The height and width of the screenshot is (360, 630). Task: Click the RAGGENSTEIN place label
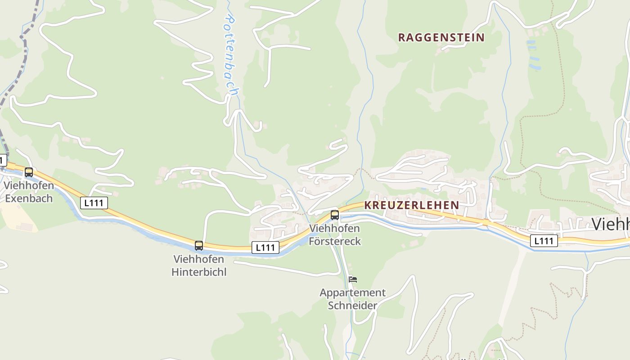(x=441, y=38)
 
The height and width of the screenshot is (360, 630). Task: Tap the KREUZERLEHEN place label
(x=411, y=205)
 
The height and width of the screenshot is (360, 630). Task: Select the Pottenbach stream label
(x=231, y=55)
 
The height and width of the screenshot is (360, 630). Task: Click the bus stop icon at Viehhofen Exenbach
(x=29, y=172)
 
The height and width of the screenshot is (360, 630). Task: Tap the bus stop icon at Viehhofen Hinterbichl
(x=199, y=246)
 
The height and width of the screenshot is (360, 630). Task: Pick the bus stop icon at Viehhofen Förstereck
(x=335, y=215)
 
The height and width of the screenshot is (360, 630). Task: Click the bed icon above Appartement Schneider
(x=353, y=279)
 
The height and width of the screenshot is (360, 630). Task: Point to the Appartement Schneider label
(x=352, y=299)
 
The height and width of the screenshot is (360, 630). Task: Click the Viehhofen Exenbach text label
(x=29, y=192)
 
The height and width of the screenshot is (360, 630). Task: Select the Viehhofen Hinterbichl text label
(x=199, y=265)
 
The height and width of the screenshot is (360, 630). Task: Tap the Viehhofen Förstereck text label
(x=335, y=234)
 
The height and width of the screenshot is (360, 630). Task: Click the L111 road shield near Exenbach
(x=94, y=203)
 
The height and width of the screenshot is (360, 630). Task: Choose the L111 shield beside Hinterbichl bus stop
(x=265, y=247)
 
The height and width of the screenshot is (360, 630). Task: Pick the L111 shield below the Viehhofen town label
(x=544, y=241)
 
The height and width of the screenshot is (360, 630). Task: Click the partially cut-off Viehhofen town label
(x=611, y=224)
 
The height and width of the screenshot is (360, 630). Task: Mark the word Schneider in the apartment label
(x=352, y=306)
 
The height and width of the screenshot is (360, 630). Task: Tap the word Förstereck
(x=335, y=241)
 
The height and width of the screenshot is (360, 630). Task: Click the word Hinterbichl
(x=199, y=272)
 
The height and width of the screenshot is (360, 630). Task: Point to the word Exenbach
(x=29, y=198)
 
